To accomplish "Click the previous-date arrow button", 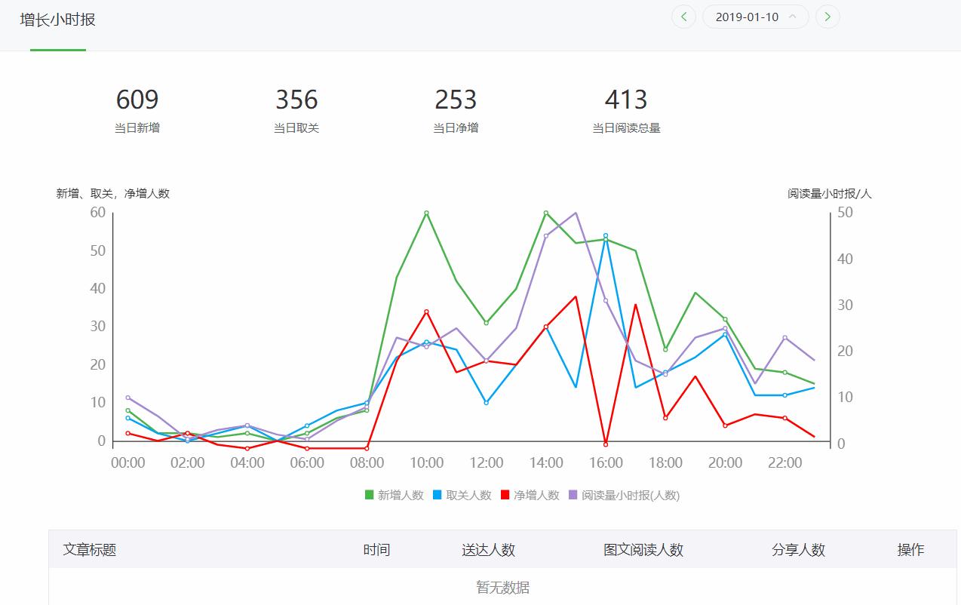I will point(683,17).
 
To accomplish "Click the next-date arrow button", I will point(827,17).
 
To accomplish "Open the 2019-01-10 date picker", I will point(755,17).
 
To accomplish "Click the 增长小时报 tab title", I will point(58,20).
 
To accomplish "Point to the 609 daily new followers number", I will point(137,100).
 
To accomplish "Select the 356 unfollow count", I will point(296,100).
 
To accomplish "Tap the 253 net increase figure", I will point(456,100).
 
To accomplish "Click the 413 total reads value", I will point(626,100).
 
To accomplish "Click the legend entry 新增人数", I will point(394,496).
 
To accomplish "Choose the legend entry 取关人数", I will point(462,496).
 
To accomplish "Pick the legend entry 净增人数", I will point(530,496).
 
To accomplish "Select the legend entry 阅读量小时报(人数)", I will point(624,496).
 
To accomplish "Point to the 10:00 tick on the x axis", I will point(427,462).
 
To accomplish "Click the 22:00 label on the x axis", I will point(784,462).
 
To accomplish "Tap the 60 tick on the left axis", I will point(97,213).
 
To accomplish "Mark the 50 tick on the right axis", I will point(845,213).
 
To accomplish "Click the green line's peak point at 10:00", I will point(426,213).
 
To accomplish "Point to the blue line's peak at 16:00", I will point(606,235).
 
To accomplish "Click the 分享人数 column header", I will point(798,550).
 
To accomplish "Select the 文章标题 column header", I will point(90,550).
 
